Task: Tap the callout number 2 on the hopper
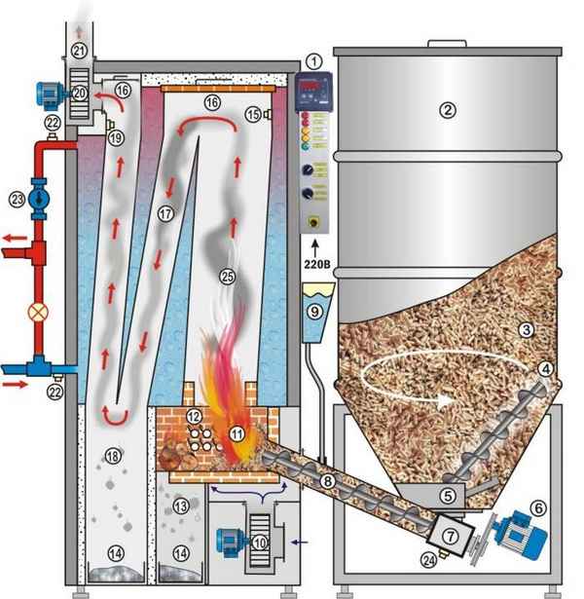click(446, 110)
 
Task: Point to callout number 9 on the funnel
click(312, 313)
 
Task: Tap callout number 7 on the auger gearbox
click(452, 538)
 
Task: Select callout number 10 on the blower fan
click(258, 542)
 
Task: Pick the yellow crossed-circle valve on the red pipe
click(40, 316)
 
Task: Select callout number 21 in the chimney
click(79, 51)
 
